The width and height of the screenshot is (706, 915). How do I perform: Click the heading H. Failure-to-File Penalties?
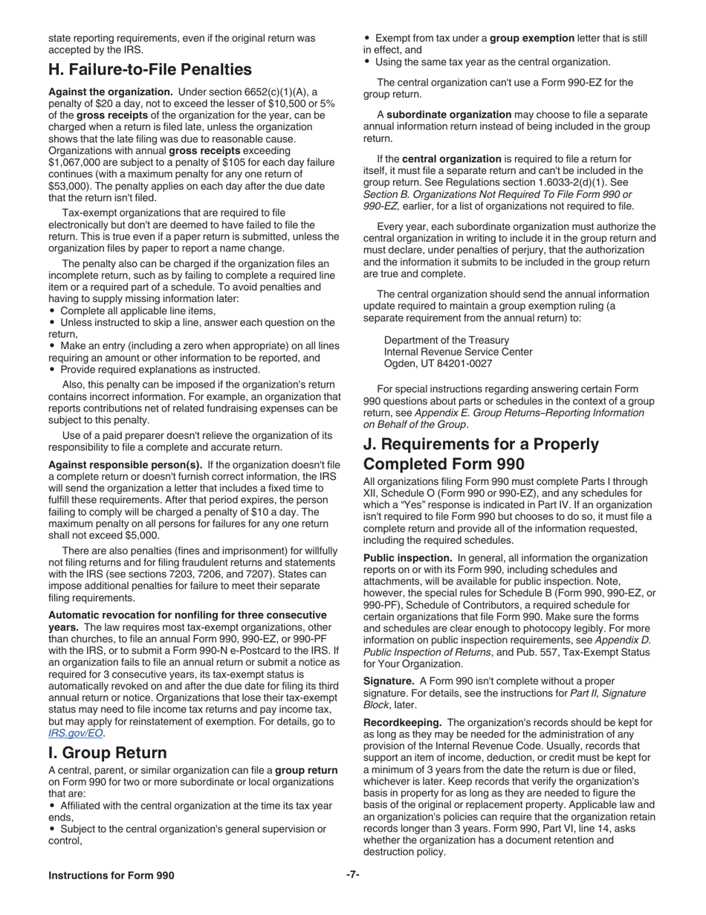[x=149, y=70]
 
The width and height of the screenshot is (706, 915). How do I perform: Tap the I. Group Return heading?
[x=107, y=752]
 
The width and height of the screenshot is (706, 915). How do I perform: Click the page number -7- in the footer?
[x=352, y=875]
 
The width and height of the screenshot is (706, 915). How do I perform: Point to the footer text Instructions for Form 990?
[x=111, y=875]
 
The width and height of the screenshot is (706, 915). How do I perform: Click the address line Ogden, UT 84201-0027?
[x=438, y=364]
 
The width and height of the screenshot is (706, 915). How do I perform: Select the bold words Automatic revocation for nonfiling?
[x=187, y=615]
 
